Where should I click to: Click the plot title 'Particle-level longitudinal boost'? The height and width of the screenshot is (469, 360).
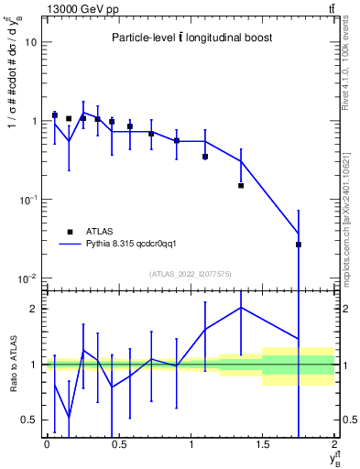click(191, 38)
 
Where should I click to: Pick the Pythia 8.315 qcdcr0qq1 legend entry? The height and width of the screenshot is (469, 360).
click(123, 245)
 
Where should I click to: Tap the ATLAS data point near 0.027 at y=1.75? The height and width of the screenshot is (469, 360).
click(299, 245)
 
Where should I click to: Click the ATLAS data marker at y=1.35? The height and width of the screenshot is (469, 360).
click(241, 185)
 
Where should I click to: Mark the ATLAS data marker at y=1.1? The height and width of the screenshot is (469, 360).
click(205, 157)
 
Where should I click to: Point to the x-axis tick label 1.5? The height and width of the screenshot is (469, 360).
click(263, 445)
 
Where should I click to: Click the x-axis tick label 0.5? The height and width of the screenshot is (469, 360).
click(118, 445)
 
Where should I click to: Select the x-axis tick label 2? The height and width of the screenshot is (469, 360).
click(334, 445)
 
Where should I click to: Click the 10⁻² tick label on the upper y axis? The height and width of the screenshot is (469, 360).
click(27, 278)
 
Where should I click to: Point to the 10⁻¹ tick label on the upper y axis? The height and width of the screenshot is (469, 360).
click(27, 199)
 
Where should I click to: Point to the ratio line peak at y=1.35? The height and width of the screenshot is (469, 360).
click(241, 308)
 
